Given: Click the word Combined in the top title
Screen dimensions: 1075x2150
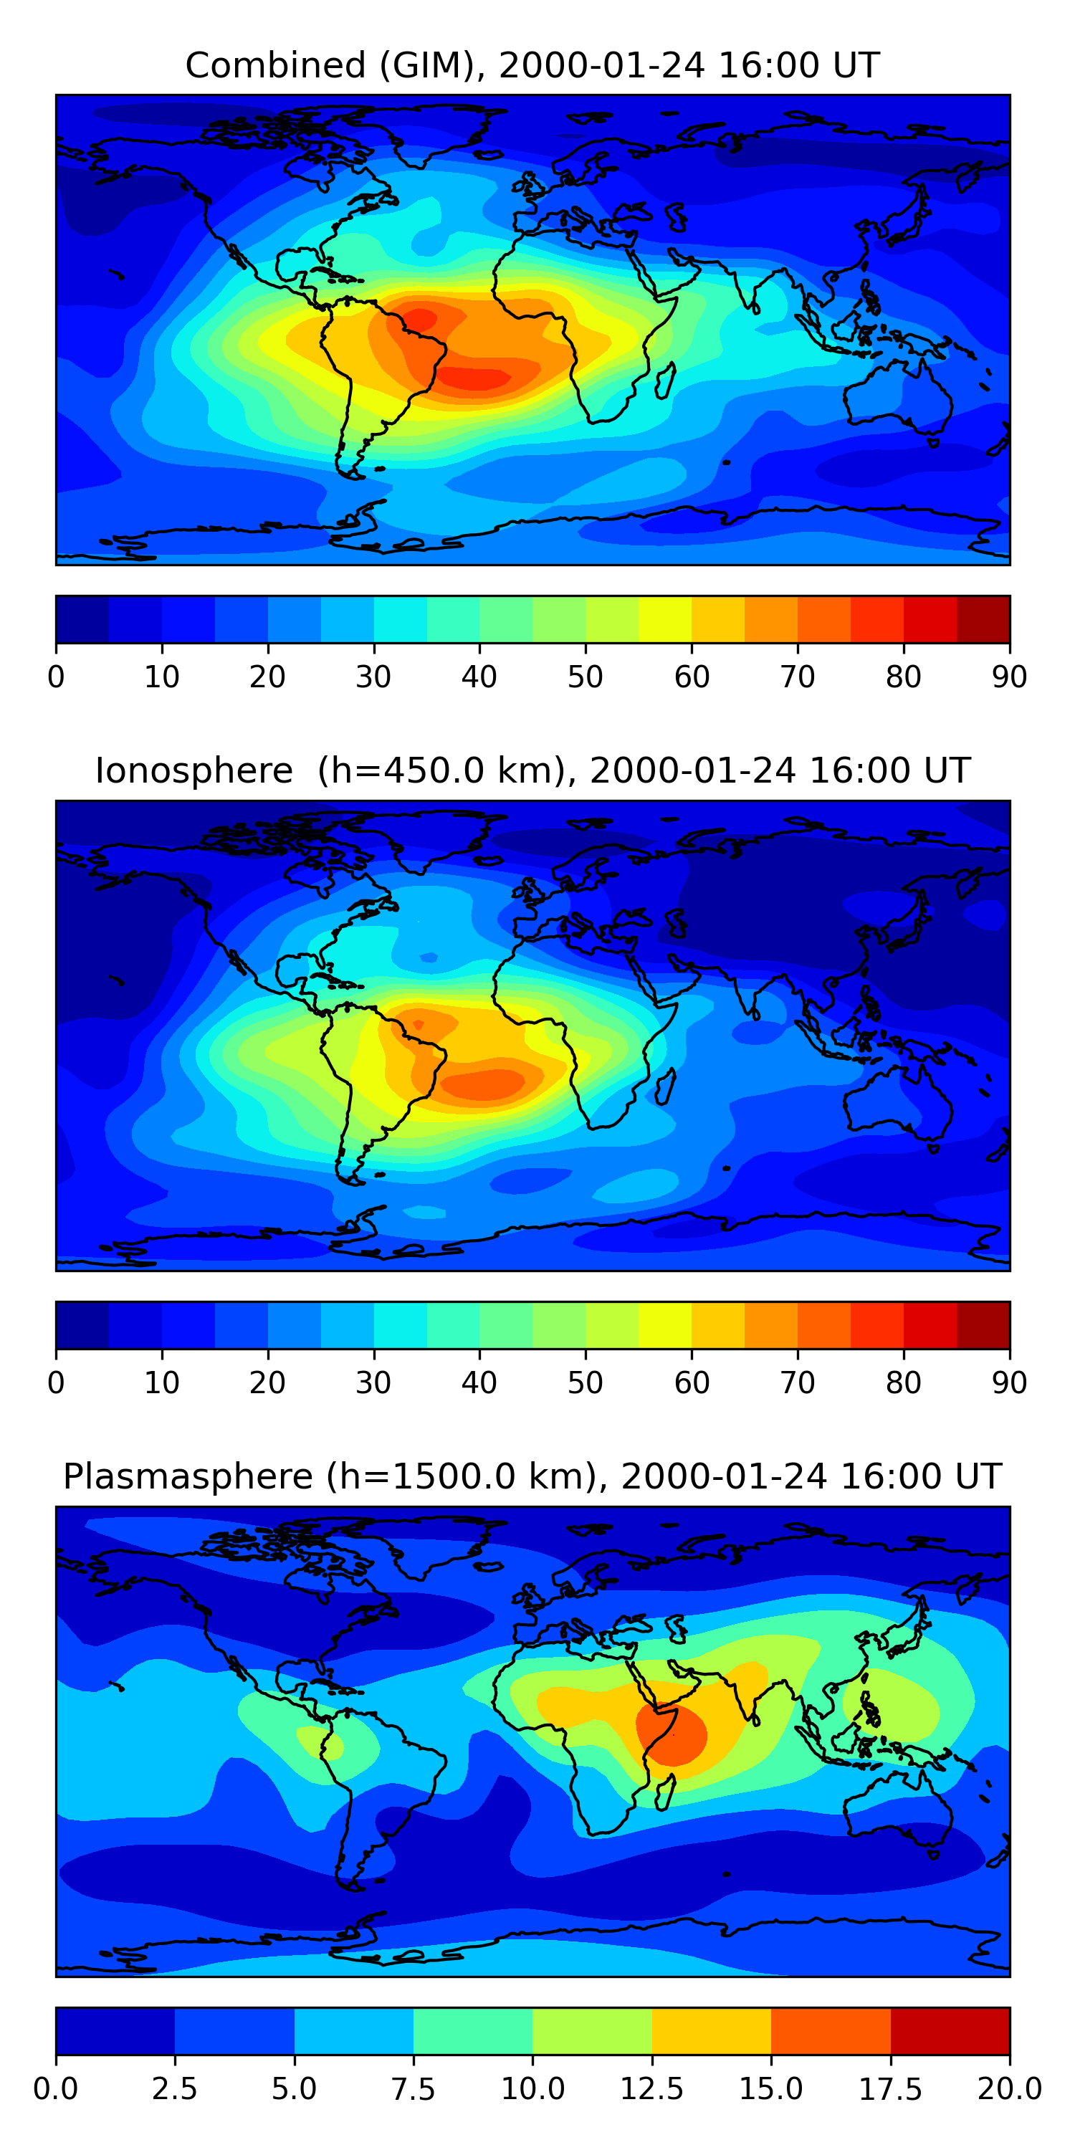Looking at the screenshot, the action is tap(275, 65).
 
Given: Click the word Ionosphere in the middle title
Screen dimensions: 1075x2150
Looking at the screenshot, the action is tap(193, 770).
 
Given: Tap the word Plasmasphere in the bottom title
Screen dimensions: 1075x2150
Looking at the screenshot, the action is tap(188, 1477).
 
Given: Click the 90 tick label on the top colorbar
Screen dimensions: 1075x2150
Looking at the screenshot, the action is tap(1009, 677).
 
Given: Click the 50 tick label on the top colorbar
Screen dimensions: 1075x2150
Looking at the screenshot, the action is tap(585, 677).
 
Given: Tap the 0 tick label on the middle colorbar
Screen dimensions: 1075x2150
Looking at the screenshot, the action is tap(56, 1383).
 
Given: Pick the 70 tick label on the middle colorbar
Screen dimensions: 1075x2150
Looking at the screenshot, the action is tap(797, 1383).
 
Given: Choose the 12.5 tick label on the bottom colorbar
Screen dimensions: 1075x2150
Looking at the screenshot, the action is tap(652, 2089).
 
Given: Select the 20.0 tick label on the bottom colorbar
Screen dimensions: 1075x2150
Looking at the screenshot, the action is tap(1009, 2089).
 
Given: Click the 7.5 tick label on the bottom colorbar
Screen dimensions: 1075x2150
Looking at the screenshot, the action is tap(413, 2089).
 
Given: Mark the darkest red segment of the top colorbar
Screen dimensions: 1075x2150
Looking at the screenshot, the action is tap(983, 619).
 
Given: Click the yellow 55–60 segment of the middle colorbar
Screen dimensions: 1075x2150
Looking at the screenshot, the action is tap(665, 1325).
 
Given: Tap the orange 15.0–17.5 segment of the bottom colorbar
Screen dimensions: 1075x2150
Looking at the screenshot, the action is tap(831, 2030).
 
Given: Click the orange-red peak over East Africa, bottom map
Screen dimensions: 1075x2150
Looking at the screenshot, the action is tap(672, 1735).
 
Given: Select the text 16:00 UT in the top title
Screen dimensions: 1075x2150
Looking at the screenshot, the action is tap(799, 65).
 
